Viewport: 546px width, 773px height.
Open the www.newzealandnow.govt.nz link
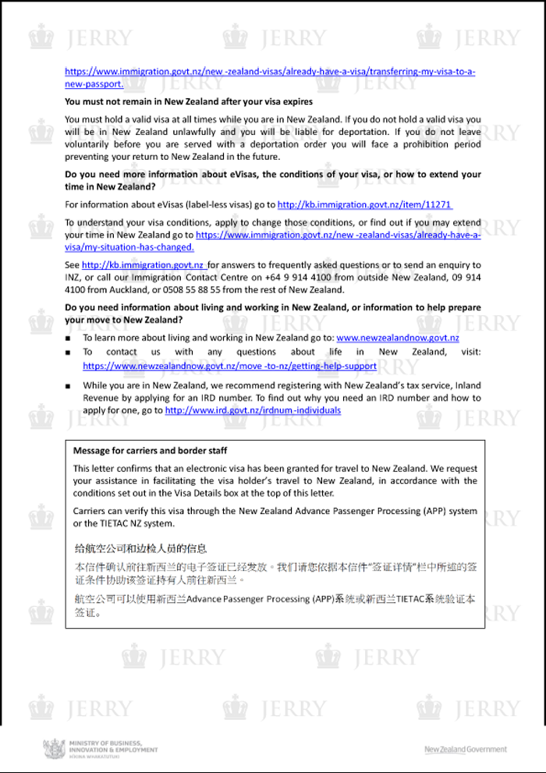coord(397,338)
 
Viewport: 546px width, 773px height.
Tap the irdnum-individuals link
coord(253,410)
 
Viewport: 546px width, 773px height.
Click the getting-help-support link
coord(229,365)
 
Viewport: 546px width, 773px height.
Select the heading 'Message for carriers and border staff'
coord(150,451)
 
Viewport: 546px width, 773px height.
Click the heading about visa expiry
coord(189,101)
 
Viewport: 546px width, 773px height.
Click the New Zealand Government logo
coord(465,750)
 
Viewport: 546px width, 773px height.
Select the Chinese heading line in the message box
coord(140,549)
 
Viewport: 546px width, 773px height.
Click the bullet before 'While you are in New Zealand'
coord(69,386)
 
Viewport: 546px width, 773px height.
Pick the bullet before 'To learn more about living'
coord(69,339)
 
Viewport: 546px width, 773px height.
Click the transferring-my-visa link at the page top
coord(269,72)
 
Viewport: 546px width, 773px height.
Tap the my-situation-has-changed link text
coord(129,247)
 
